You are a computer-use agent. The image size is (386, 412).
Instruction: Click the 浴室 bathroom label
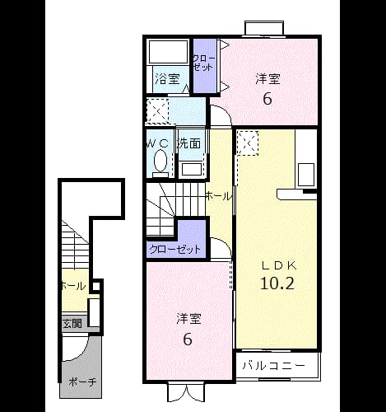pos(167,79)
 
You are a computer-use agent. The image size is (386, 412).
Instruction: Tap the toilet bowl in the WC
pos(160,162)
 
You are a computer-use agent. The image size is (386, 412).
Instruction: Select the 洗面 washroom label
pos(189,143)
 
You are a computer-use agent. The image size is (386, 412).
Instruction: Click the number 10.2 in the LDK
pos(277,283)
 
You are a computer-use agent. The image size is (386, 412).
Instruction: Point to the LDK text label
pos(279,265)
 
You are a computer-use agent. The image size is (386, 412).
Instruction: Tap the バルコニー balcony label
pos(274,366)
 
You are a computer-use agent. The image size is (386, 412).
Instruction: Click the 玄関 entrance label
pos(72,324)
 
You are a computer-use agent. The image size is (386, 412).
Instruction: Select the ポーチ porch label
pos(82,382)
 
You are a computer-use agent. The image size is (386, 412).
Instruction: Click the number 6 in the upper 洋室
pos(267,99)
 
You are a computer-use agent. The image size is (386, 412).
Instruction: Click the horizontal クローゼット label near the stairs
pos(175,250)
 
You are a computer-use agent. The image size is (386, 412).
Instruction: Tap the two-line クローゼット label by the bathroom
pos(203,63)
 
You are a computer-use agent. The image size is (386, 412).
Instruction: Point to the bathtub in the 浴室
pos(168,52)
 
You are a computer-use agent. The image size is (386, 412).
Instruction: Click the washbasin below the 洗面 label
pos(191,170)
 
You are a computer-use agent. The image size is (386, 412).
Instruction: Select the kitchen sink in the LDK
pos(306,174)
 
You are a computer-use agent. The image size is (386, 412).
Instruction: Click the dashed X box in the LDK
pos(248,143)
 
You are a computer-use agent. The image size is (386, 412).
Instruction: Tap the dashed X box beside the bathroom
pos(157,110)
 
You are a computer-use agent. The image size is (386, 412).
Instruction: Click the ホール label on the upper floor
pos(219,196)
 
